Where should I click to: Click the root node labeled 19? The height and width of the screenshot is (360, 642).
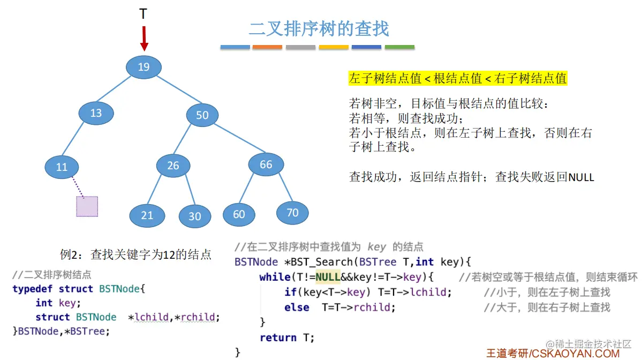[143, 67]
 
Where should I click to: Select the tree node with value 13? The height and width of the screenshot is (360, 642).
[96, 113]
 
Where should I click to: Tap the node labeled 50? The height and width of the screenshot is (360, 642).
[202, 115]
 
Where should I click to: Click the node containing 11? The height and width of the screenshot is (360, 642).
[62, 167]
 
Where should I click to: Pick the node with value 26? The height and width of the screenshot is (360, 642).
[173, 166]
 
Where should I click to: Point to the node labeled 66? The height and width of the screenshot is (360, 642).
[266, 164]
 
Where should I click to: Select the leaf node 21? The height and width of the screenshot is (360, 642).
[147, 215]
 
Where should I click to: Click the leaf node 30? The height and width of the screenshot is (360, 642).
[195, 216]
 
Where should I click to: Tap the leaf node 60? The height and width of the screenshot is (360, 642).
[239, 214]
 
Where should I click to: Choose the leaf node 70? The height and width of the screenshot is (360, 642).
[292, 213]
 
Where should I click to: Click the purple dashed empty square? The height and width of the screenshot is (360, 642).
[87, 206]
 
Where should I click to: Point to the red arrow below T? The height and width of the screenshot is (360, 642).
[143, 38]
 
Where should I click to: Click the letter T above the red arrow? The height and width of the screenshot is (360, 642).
[143, 14]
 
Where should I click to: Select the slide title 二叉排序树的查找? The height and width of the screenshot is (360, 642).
[319, 28]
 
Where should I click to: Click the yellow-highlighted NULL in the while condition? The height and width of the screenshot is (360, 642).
[328, 277]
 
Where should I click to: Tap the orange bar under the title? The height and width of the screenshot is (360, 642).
[267, 47]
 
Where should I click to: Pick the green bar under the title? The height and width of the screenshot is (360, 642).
[399, 47]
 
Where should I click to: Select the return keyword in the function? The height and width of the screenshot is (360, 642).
[278, 337]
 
